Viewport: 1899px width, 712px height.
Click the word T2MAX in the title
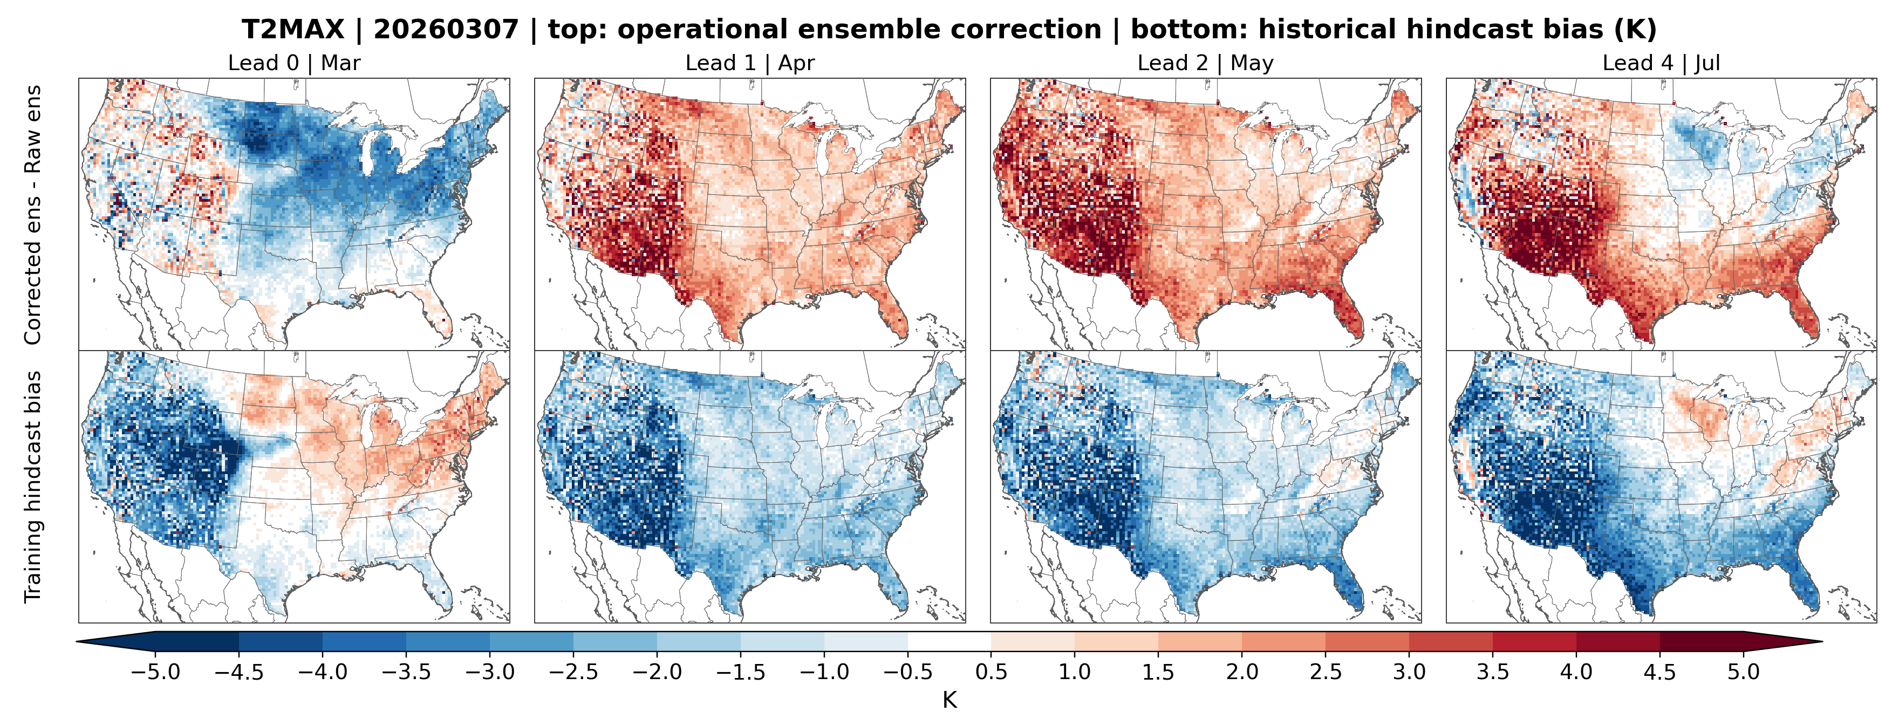coord(292,30)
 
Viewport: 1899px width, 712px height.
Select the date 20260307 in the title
coord(446,30)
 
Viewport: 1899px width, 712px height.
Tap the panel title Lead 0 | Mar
coord(294,64)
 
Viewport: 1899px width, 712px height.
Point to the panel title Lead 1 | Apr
coord(750,64)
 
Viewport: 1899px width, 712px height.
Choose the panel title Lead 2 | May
coord(1205,64)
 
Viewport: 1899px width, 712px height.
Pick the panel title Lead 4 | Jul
coord(1661,64)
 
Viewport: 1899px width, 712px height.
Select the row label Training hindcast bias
coord(32,487)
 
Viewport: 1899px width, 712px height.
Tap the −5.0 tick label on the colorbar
coord(155,672)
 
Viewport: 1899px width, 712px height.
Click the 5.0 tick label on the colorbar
coord(1744,672)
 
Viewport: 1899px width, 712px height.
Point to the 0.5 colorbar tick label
coord(992,672)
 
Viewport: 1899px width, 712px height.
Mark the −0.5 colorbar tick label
coord(907,672)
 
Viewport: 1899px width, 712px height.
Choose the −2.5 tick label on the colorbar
coord(573,672)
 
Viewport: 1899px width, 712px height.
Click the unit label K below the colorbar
coord(949,700)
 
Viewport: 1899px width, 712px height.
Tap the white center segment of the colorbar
coord(949,642)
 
